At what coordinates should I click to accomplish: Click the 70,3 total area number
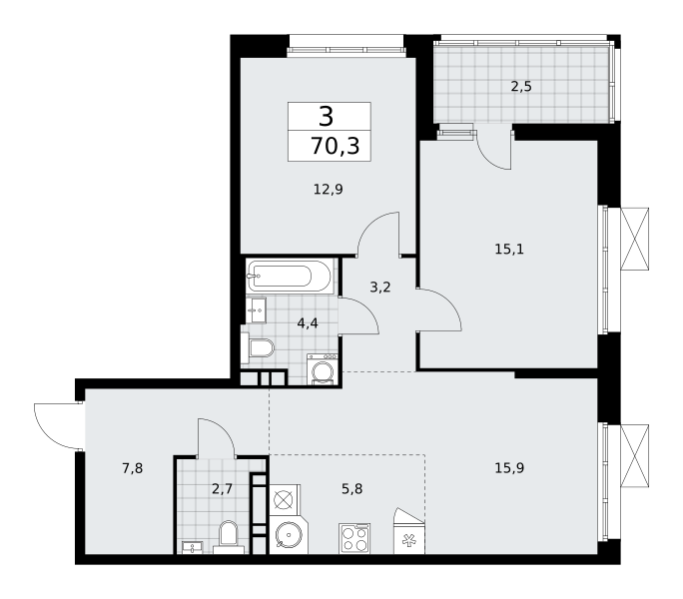(x=335, y=146)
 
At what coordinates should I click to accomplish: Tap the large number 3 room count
(x=327, y=117)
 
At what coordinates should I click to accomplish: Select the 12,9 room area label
(x=329, y=190)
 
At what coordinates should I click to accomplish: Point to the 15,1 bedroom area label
(x=509, y=250)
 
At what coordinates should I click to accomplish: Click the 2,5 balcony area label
(x=521, y=87)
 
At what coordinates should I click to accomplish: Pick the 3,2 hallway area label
(x=380, y=288)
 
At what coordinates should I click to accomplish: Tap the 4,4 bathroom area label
(x=308, y=323)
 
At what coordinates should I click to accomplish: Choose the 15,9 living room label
(x=509, y=468)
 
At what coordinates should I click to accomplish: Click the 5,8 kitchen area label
(x=351, y=489)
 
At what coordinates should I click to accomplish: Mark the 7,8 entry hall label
(x=133, y=468)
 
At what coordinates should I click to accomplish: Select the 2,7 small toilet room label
(x=222, y=489)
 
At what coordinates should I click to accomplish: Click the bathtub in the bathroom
(x=290, y=276)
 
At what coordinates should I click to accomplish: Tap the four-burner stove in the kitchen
(x=354, y=539)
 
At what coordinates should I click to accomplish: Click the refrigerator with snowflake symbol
(x=409, y=531)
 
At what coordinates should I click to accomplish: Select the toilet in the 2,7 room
(x=229, y=537)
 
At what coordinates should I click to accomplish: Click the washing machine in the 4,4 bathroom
(x=323, y=369)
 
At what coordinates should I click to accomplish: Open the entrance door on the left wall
(x=58, y=426)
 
